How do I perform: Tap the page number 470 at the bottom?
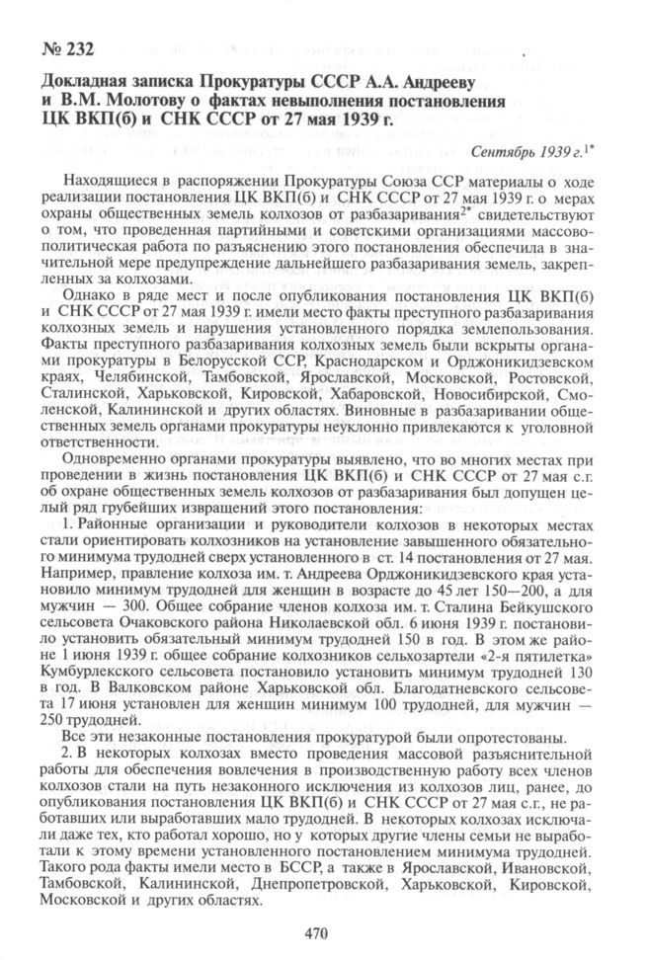click(316, 931)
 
